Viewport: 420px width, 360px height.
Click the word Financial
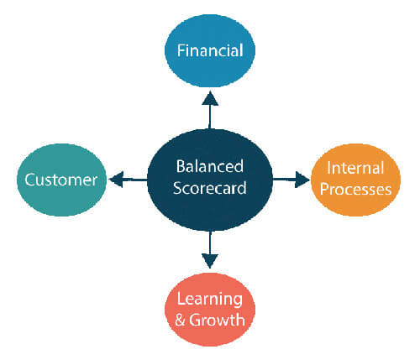pyautogui.click(x=210, y=50)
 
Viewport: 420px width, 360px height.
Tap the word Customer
pyautogui.click(x=61, y=180)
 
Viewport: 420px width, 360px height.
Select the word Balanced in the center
pyautogui.click(x=210, y=166)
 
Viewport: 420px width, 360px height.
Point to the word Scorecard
pyautogui.click(x=210, y=188)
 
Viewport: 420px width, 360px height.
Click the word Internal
pyautogui.click(x=355, y=168)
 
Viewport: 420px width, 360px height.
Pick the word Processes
pyautogui.click(x=355, y=190)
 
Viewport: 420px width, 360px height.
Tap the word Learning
pyautogui.click(x=210, y=300)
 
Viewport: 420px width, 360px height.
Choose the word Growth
pyautogui.click(x=217, y=320)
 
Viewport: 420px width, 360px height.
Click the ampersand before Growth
pyautogui.click(x=181, y=321)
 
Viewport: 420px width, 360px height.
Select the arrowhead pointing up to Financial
pyautogui.click(x=210, y=98)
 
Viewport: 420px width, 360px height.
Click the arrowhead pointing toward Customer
pyautogui.click(x=116, y=180)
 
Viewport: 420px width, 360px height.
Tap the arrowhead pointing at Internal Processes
pyautogui.click(x=302, y=180)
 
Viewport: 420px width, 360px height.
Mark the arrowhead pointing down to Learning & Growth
pyautogui.click(x=210, y=261)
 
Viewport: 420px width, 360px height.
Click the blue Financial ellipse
pyautogui.click(x=210, y=50)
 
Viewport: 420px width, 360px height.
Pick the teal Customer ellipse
pyautogui.click(x=61, y=180)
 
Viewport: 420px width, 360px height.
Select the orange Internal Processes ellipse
pyautogui.click(x=355, y=180)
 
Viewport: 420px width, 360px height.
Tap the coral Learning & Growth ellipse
pyautogui.click(x=210, y=310)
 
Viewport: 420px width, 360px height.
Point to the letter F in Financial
pyautogui.click(x=181, y=50)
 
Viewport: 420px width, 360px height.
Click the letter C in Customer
pyautogui.click(x=30, y=180)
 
